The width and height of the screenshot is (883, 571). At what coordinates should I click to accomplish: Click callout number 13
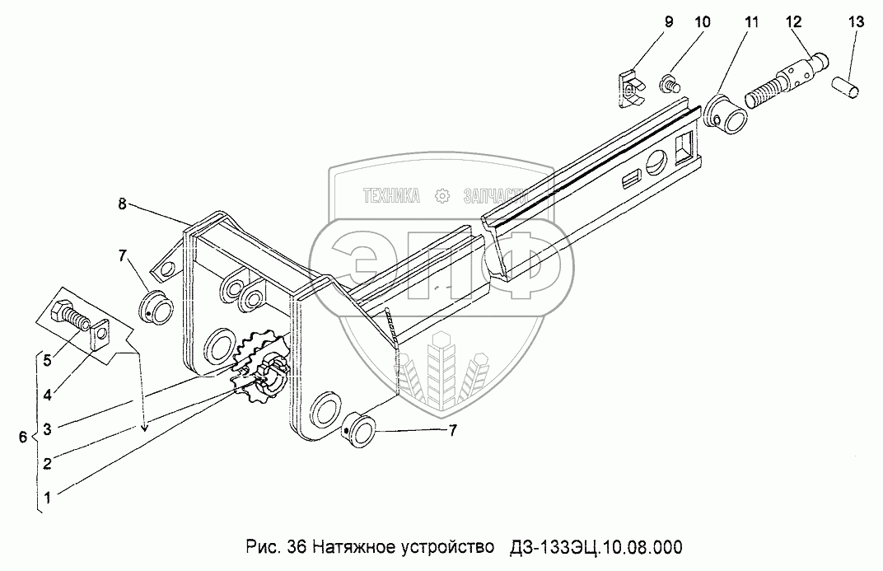point(855,22)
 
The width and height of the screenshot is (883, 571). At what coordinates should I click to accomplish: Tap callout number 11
point(750,22)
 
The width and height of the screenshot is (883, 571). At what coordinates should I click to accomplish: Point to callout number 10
point(700,22)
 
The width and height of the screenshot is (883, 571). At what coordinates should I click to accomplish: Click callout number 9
point(668,22)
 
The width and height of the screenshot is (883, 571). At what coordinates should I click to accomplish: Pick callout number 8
point(122,205)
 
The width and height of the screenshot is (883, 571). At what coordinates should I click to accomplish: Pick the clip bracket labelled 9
point(631,87)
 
